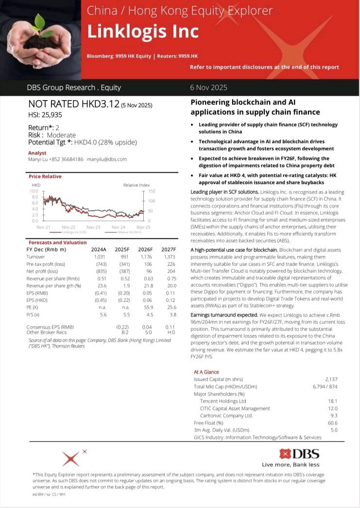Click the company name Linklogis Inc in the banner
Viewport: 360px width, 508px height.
143,31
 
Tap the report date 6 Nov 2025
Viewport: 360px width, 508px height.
208,88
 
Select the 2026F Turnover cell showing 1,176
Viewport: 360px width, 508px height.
146,256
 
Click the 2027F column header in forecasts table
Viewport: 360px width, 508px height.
167,249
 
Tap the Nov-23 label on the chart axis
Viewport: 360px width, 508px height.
93,227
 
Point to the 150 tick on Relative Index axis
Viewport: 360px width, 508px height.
151,192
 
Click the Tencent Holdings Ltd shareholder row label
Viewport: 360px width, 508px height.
223,401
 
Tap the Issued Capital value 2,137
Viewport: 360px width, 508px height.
331,379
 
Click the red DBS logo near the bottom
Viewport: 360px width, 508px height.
299,454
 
